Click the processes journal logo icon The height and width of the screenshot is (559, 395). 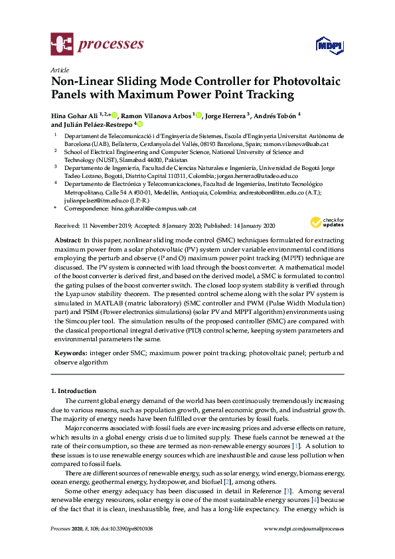[62, 45]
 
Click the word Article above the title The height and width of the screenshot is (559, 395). [59, 69]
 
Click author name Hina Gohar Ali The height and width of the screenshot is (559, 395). [78, 114]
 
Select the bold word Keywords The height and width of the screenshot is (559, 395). [68, 353]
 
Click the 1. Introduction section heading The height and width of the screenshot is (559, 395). [74, 391]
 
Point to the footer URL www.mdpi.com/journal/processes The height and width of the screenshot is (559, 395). [305, 529]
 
